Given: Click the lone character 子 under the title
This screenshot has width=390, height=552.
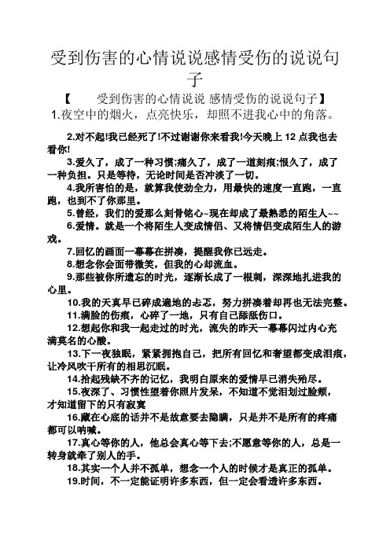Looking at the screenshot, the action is click(194, 79).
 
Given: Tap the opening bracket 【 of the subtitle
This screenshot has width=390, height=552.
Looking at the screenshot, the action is click(68, 99).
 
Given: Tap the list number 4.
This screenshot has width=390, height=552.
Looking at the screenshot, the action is click(71, 190).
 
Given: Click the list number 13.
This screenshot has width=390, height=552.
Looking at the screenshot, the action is click(74, 354).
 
